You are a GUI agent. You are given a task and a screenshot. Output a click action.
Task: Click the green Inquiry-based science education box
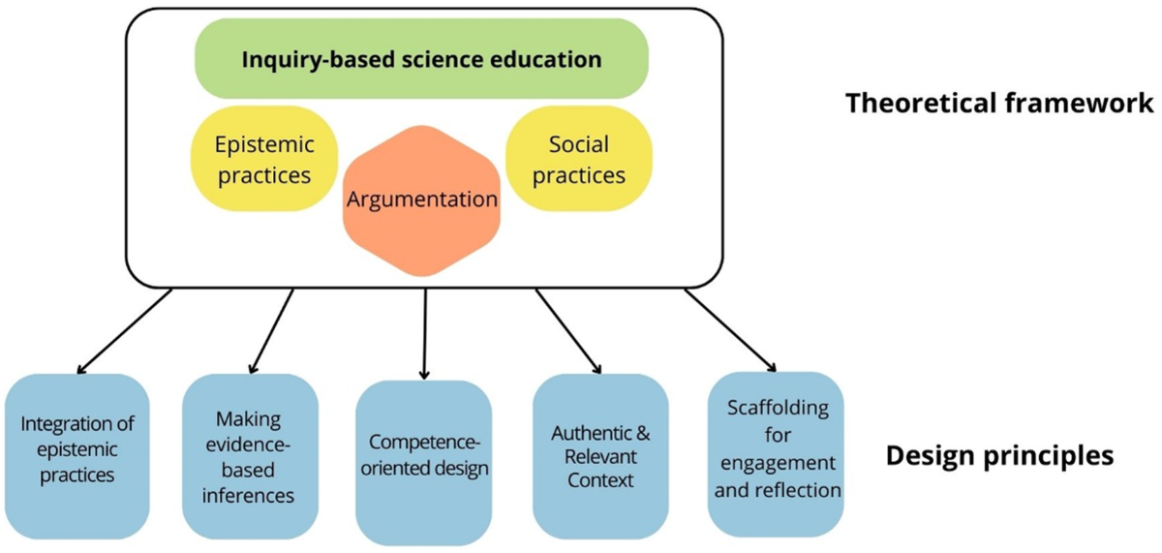click(421, 59)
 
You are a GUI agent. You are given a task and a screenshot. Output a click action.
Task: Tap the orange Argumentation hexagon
click(421, 201)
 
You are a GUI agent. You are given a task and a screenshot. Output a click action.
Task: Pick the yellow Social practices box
click(579, 160)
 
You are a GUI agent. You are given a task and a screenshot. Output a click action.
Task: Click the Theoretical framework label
click(1000, 103)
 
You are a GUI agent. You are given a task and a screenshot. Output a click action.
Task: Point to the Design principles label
click(999, 453)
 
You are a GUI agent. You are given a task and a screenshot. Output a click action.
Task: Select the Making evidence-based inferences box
click(250, 456)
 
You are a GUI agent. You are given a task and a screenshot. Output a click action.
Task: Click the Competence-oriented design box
click(423, 456)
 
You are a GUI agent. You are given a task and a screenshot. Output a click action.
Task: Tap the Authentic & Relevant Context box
click(600, 455)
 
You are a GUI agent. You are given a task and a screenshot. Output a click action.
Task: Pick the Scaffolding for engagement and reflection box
click(776, 449)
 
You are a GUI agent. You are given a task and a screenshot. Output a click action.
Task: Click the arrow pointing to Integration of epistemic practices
click(124, 330)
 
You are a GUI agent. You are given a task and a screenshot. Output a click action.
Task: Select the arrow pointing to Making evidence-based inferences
click(272, 330)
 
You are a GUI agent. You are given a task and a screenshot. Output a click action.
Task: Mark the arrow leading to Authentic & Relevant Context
click(568, 330)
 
